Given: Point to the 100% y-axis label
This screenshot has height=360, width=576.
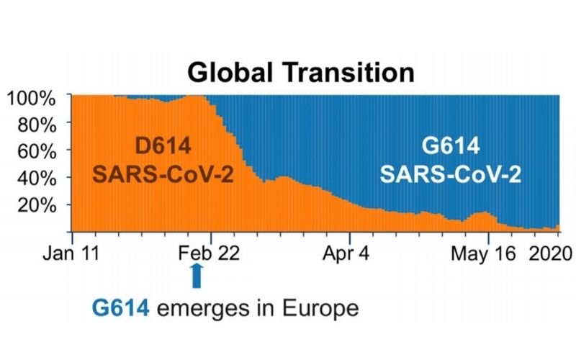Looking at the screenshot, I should tap(34, 96).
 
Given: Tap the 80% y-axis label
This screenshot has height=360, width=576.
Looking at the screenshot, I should tap(38, 124).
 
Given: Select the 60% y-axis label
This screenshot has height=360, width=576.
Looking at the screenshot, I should tap(38, 150).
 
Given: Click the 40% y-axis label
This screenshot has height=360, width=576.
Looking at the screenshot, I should tap(38, 178).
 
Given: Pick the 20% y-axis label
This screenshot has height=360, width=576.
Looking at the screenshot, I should tap(38, 205).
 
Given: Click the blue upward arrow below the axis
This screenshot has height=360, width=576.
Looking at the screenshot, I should tap(197, 276).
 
